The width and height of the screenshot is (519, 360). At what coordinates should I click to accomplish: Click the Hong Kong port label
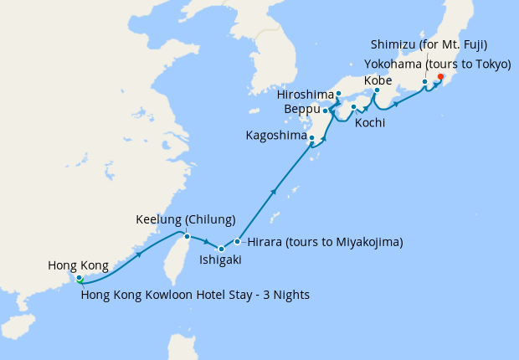[x=78, y=265]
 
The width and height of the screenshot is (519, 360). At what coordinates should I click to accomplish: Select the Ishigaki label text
[x=220, y=260]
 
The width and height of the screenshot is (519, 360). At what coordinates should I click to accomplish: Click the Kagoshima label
[x=276, y=136]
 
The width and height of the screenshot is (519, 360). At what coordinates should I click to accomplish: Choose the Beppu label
[x=302, y=110]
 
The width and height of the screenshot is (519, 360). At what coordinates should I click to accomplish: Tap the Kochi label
[x=370, y=123]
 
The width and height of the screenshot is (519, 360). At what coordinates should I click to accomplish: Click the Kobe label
[x=378, y=80]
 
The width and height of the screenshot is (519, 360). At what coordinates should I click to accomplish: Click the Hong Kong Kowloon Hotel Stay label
[x=195, y=293]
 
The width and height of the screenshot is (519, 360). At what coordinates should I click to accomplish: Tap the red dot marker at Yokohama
[x=440, y=79]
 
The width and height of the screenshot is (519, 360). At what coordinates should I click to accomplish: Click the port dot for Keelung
[x=185, y=235]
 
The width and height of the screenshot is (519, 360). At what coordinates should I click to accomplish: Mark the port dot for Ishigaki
[x=221, y=249]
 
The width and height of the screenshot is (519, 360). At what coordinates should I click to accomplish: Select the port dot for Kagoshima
[x=311, y=138]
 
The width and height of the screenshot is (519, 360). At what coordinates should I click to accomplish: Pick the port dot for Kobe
[x=378, y=90]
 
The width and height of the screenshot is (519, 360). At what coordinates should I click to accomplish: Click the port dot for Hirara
[x=238, y=242]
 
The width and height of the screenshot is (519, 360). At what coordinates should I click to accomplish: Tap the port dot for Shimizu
[x=425, y=82]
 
